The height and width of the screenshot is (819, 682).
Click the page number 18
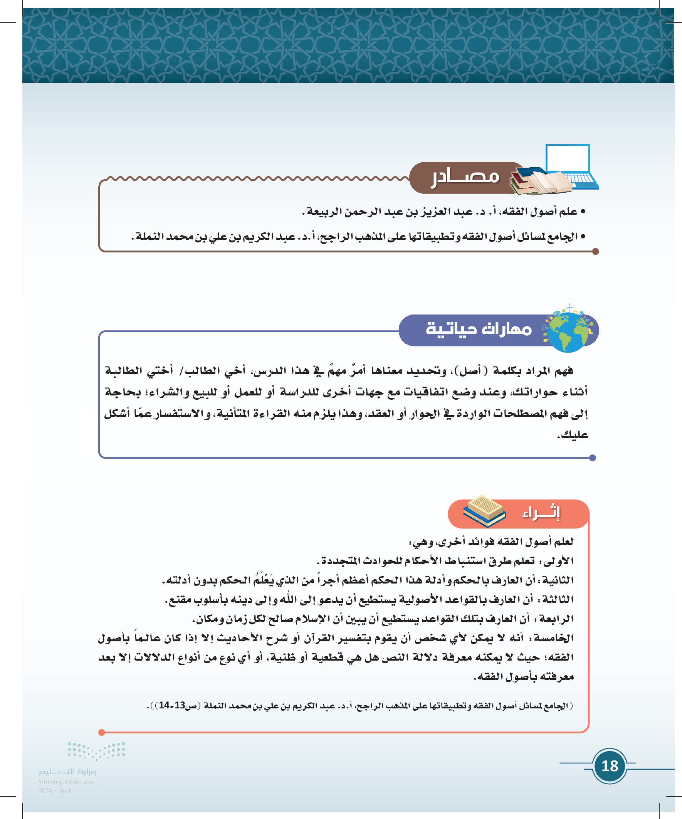point(610,766)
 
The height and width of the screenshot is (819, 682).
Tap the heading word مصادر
point(465,177)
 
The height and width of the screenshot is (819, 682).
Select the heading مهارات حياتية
point(479,329)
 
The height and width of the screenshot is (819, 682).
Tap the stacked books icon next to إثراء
point(484,511)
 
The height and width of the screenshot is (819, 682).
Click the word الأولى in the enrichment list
point(559,561)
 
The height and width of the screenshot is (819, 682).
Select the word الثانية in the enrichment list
point(558,580)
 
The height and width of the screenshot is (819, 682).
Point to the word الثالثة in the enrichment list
point(558,599)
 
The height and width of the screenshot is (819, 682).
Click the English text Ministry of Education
point(67,782)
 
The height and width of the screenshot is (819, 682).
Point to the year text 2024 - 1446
point(55,791)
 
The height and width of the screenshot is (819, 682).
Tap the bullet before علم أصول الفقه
point(583,212)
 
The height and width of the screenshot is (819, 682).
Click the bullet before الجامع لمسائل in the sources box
point(583,237)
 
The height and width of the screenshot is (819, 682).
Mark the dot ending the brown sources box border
point(595,252)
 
